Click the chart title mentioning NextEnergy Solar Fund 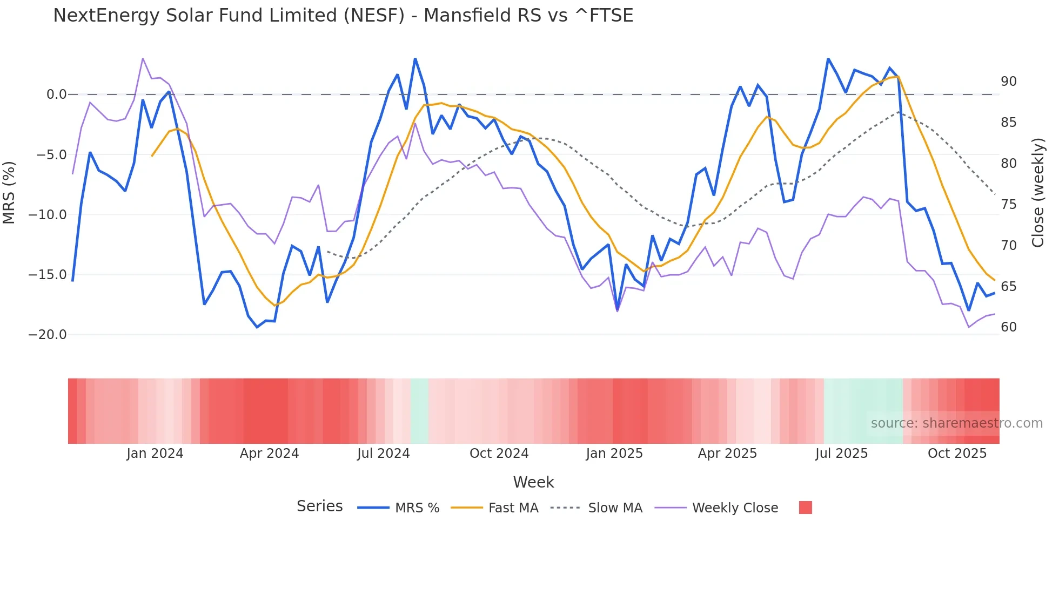[343, 16]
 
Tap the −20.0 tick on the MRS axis [48, 335]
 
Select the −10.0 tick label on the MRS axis [48, 215]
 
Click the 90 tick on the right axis [1008, 82]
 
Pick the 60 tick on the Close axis [1008, 327]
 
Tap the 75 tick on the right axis [1008, 205]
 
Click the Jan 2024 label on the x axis [155, 454]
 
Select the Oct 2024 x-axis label [499, 454]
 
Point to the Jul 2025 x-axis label [841, 454]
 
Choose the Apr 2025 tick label [727, 454]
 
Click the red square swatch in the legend [805, 508]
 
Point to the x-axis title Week [533, 482]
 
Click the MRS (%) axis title [9, 193]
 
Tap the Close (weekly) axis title [1037, 193]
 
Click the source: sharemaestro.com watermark [956, 423]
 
